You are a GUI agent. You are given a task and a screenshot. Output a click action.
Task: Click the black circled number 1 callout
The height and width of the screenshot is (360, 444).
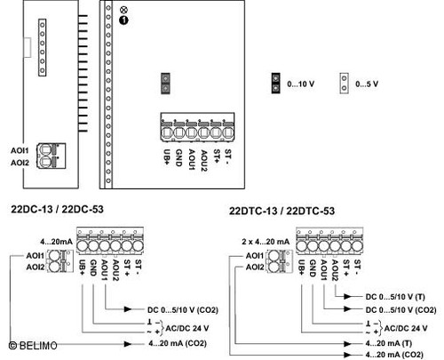123,20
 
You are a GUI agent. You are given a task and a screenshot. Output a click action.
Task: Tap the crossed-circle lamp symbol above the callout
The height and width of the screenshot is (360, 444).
123,10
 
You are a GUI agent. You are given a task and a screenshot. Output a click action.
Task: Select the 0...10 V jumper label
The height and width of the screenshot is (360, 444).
300,84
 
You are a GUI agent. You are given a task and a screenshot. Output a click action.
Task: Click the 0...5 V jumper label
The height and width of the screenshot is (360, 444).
367,84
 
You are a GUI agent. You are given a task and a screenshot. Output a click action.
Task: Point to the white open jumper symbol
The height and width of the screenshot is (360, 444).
344,84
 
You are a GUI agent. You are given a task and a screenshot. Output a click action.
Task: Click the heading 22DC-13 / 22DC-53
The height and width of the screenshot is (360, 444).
57,209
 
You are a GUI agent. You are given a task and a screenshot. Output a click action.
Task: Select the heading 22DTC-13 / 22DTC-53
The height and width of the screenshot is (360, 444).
281,211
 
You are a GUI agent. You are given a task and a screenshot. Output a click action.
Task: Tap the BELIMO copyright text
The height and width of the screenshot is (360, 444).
33,346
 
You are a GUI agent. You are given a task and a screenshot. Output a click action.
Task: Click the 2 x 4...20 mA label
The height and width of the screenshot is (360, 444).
266,242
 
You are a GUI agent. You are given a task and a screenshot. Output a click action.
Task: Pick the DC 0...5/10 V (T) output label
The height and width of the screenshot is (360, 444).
395,297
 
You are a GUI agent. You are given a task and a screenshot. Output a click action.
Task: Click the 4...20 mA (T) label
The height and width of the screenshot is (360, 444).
388,343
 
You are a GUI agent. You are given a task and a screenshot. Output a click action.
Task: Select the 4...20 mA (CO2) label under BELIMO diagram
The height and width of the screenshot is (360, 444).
178,343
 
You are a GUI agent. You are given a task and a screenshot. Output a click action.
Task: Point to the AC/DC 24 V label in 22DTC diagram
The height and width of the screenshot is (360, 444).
406,328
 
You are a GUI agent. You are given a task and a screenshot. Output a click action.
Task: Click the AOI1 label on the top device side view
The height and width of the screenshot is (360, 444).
20,150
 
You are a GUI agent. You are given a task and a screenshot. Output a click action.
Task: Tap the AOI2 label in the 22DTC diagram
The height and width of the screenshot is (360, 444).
255,268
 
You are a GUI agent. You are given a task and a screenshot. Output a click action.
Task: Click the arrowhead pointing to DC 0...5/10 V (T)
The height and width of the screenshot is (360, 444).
347,296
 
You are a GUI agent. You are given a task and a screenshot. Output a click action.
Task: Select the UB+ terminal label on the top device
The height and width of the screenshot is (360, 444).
167,156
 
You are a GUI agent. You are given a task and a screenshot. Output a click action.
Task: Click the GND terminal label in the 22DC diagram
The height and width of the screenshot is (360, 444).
93,268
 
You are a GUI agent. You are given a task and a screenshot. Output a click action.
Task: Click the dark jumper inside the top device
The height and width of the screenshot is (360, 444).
165,84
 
